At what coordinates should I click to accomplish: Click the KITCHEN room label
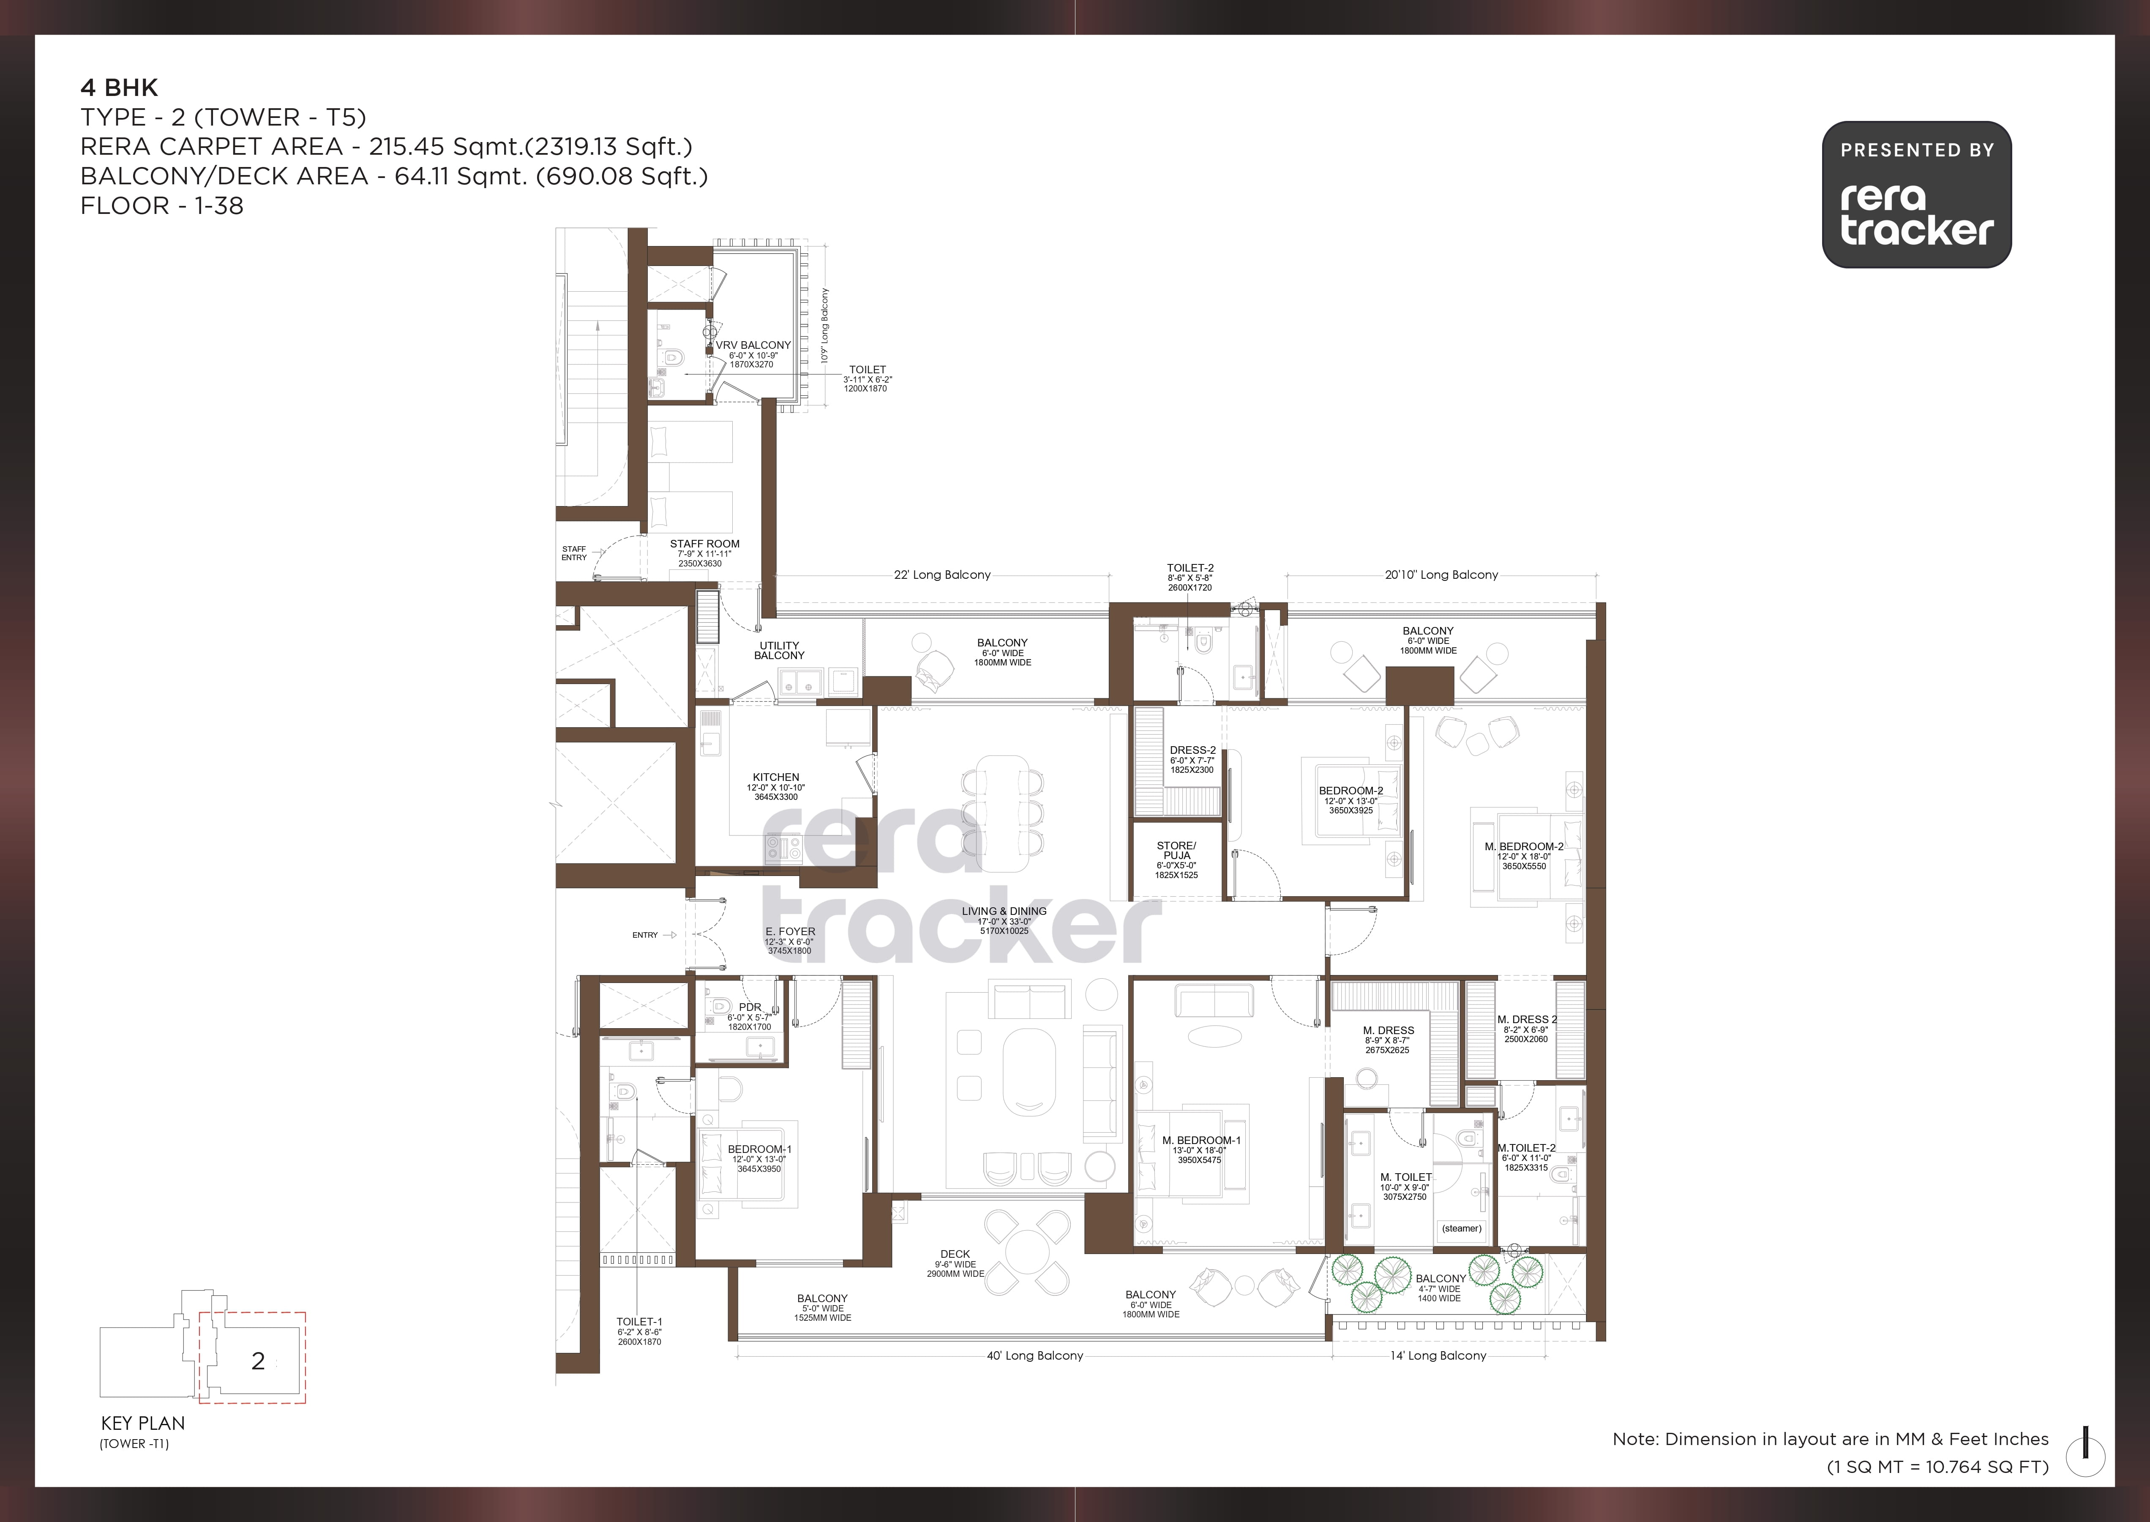(776, 777)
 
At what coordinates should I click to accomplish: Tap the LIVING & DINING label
(1003, 911)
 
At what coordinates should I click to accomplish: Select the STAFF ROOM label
(704, 544)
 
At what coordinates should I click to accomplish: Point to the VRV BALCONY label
(753, 345)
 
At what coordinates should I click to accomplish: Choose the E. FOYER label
(790, 931)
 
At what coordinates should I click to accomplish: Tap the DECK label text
(955, 1254)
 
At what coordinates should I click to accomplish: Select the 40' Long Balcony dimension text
(1034, 1355)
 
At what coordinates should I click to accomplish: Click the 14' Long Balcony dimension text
(1438, 1355)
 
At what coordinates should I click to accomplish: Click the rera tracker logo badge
(1917, 194)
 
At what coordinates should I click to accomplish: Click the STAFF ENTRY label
(574, 553)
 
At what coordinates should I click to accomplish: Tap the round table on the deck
(1027, 1251)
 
